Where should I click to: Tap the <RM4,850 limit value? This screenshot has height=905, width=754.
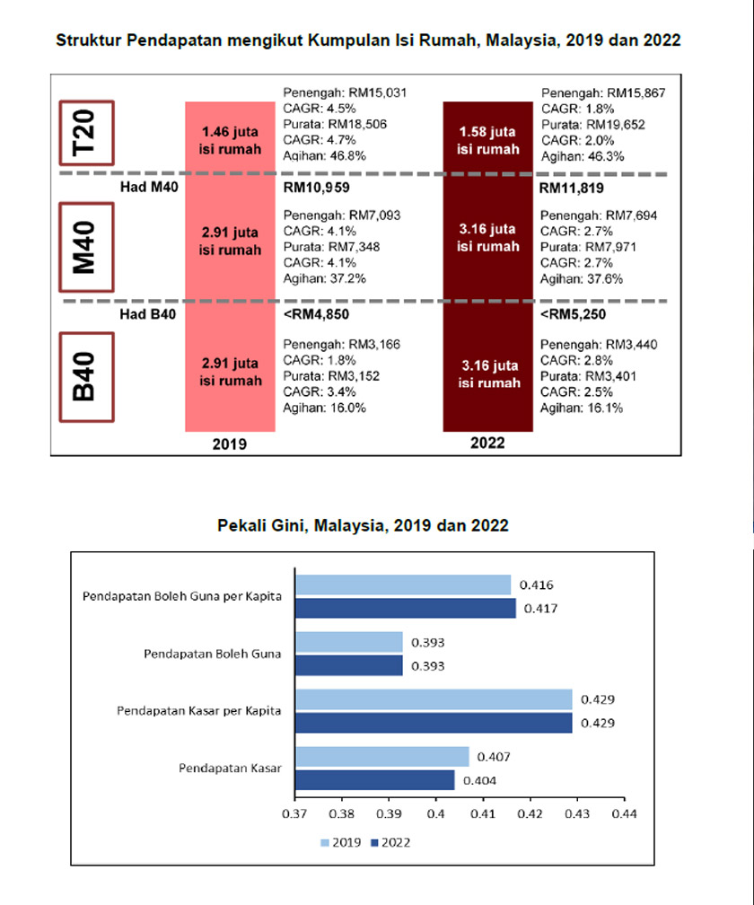(x=317, y=315)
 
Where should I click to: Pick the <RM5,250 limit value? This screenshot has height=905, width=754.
(x=573, y=315)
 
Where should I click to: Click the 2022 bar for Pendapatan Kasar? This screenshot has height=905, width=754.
(x=374, y=780)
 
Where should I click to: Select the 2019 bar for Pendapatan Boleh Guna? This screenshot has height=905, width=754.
(x=348, y=642)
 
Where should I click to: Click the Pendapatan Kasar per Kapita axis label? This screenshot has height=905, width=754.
(x=199, y=711)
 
